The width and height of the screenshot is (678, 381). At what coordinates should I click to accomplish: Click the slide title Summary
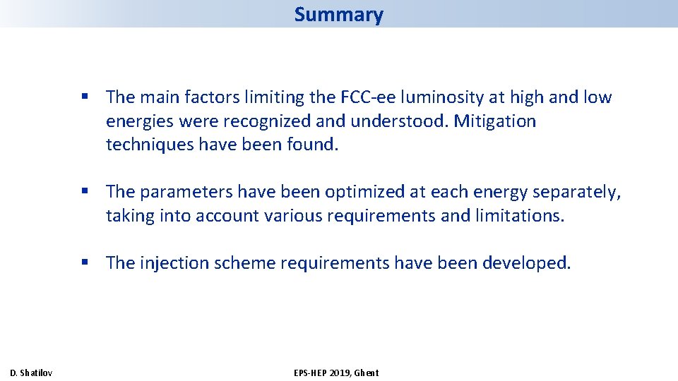pyautogui.click(x=338, y=14)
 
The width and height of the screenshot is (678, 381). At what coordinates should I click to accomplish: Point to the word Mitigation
pyautogui.click(x=494, y=121)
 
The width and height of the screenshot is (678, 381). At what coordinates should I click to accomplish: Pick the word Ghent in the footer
pyautogui.click(x=367, y=373)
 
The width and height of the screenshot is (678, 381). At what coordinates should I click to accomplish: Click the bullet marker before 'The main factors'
pyautogui.click(x=85, y=97)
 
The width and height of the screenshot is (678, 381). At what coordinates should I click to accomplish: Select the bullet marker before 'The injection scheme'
pyautogui.click(x=85, y=263)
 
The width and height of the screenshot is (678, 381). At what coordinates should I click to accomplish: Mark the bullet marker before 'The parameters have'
pyautogui.click(x=85, y=192)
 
